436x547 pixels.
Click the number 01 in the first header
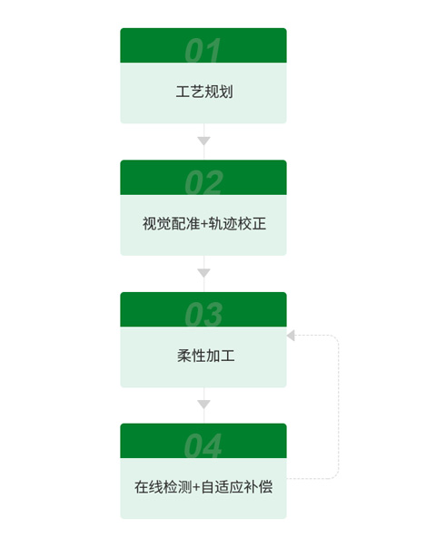click(x=203, y=50)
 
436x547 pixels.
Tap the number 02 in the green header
click(x=203, y=182)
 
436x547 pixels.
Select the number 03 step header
click(x=203, y=314)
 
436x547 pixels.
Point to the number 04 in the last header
click(x=203, y=445)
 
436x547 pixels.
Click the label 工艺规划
click(x=204, y=92)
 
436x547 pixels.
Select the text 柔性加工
click(x=205, y=356)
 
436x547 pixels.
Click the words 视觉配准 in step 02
click(x=171, y=224)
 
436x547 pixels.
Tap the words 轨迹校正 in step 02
click(x=237, y=224)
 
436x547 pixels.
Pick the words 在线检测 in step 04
click(x=163, y=487)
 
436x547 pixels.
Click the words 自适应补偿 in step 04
click(x=237, y=487)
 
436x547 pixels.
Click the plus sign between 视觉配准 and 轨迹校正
click(x=204, y=224)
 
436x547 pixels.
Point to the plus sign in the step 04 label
click(x=196, y=488)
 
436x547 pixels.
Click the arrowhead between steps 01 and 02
click(x=203, y=141)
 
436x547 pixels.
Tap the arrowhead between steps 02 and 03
click(x=203, y=272)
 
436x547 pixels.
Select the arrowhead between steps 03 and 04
click(x=203, y=404)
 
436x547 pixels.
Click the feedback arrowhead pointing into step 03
click(x=291, y=336)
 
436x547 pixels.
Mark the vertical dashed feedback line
click(x=339, y=406)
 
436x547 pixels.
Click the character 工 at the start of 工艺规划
click(x=183, y=92)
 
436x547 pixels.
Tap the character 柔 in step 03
click(x=183, y=356)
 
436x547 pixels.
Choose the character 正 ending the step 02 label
click(x=259, y=224)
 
